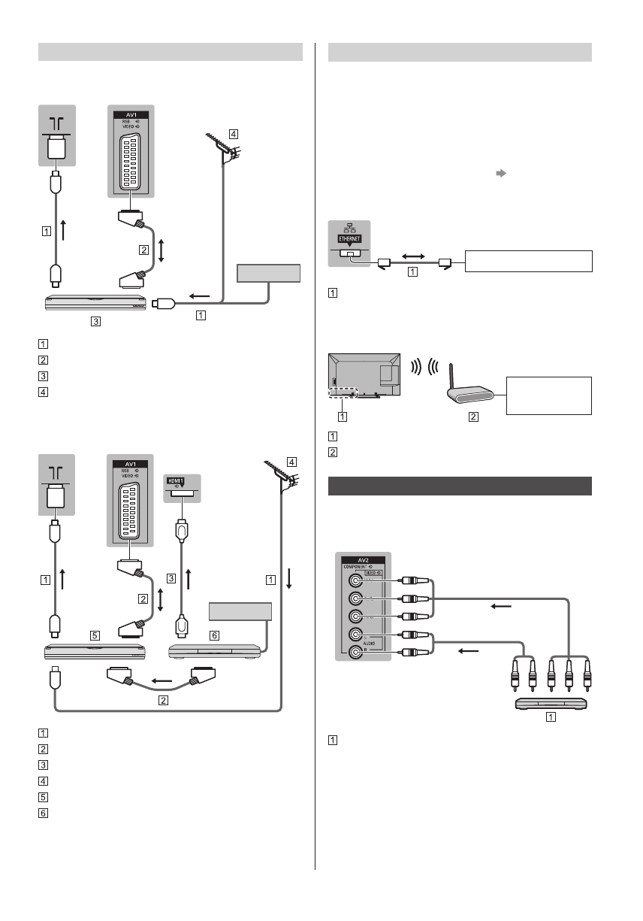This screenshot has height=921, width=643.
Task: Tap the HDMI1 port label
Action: [x=179, y=480]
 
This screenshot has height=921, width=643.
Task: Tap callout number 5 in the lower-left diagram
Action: [x=94, y=635]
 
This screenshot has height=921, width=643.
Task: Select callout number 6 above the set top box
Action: [x=214, y=635]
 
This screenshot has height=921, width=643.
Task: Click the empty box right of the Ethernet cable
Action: [x=529, y=261]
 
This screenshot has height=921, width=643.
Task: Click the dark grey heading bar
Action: [x=460, y=486]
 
